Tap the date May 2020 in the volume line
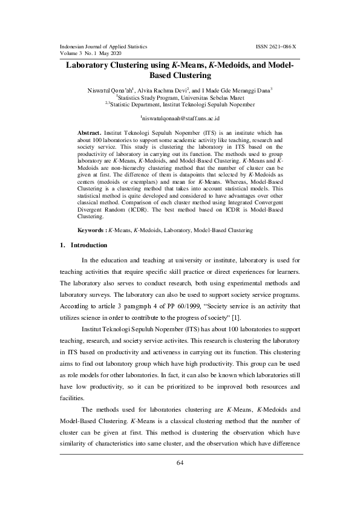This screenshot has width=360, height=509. click(x=120, y=53)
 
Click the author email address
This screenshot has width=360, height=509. click(x=180, y=118)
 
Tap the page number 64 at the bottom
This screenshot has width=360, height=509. click(x=180, y=463)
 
